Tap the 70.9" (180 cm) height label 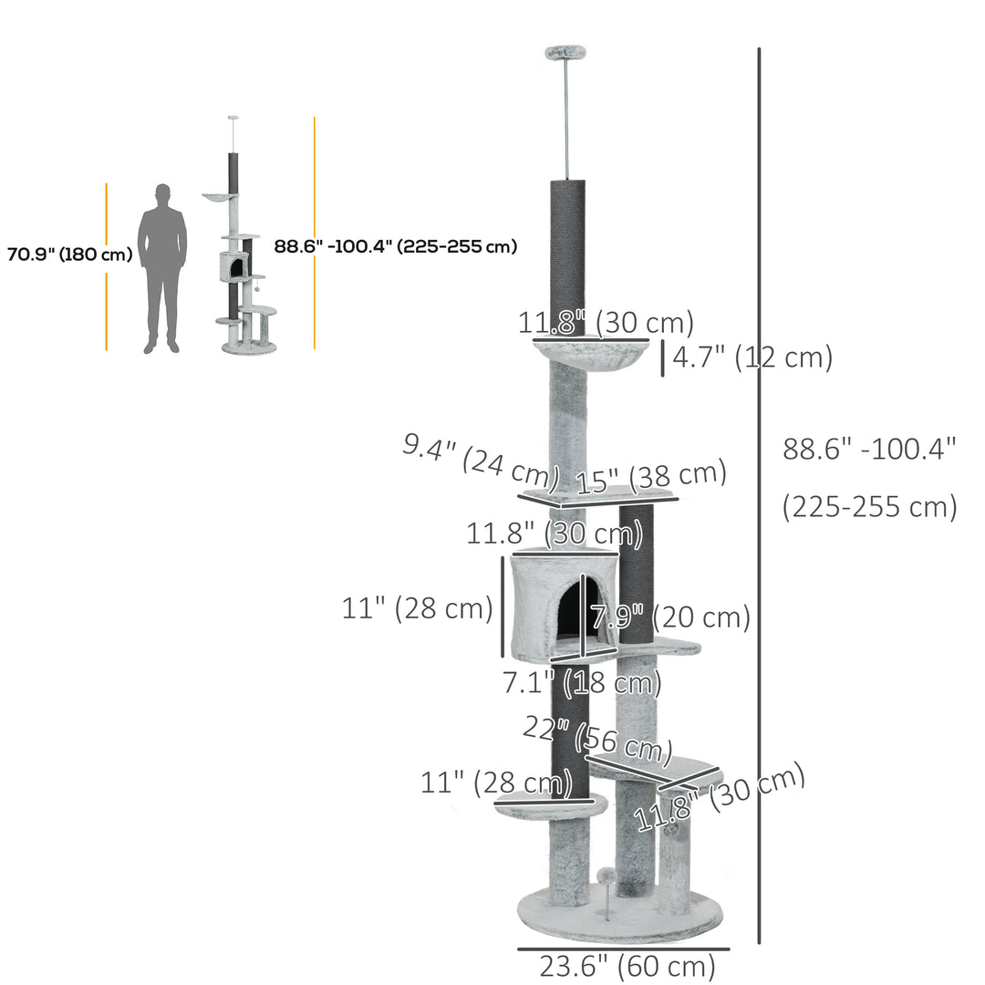click(x=69, y=254)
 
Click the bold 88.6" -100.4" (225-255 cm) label click(x=396, y=246)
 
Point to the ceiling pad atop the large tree click(x=565, y=54)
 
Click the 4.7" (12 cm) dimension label click(x=752, y=358)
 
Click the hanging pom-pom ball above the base click(x=604, y=876)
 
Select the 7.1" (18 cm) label click(x=582, y=681)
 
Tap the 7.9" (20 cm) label click(x=670, y=617)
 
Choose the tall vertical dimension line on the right click(x=760, y=493)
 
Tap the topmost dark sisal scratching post click(x=567, y=255)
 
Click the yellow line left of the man click(x=107, y=266)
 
